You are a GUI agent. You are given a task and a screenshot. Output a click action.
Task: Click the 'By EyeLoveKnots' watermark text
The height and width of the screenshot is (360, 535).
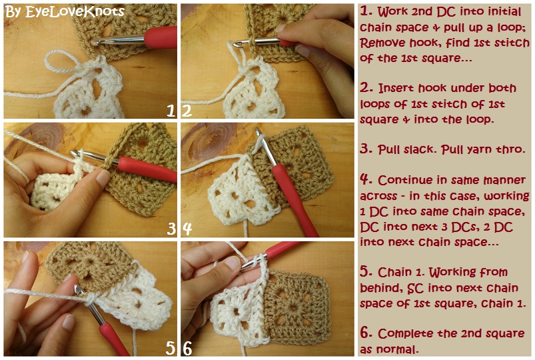[x=65, y=11]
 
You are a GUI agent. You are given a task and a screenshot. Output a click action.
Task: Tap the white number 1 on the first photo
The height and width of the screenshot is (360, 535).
[x=171, y=111]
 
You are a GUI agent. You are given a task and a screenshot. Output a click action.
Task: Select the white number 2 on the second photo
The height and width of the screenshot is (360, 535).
[x=187, y=111]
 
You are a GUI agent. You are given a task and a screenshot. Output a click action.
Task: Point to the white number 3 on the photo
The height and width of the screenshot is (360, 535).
[x=171, y=229]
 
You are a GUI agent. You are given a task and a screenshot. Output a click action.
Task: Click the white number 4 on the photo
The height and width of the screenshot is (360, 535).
[x=187, y=229]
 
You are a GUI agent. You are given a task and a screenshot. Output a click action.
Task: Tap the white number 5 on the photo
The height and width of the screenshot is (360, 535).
[x=171, y=348]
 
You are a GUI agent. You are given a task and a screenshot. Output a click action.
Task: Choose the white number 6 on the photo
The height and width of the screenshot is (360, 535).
[x=188, y=348]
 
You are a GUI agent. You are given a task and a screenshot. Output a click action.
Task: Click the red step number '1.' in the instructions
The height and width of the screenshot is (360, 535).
[x=366, y=11]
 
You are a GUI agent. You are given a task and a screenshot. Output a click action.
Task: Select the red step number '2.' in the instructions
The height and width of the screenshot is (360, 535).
[x=366, y=88]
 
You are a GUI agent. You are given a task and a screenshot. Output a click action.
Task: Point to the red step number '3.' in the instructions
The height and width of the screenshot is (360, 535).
[x=366, y=149]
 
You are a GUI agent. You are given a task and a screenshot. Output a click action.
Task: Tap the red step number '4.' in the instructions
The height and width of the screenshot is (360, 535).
[x=366, y=179]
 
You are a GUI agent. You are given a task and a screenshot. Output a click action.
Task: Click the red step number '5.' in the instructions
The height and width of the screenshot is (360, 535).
[x=366, y=271]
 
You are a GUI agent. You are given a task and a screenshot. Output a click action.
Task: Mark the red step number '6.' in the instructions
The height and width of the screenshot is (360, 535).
[x=366, y=333]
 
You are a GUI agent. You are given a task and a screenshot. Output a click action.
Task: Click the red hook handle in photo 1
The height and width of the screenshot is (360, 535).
[x=161, y=37]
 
